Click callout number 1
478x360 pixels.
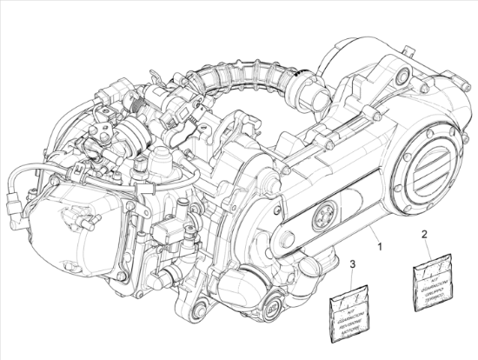[379, 247]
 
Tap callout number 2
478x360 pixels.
[423, 234]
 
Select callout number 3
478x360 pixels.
[352, 264]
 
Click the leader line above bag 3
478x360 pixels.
[352, 277]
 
